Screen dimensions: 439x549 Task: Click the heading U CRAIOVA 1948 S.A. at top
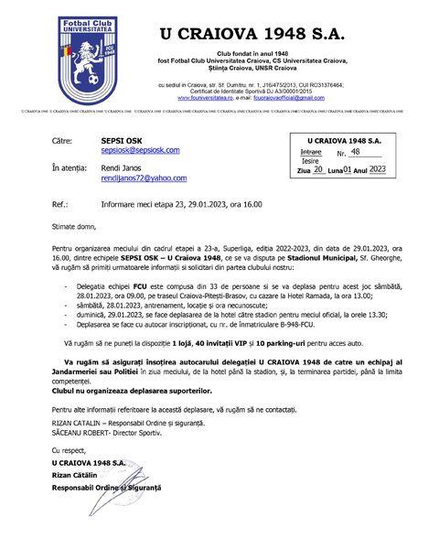252,34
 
